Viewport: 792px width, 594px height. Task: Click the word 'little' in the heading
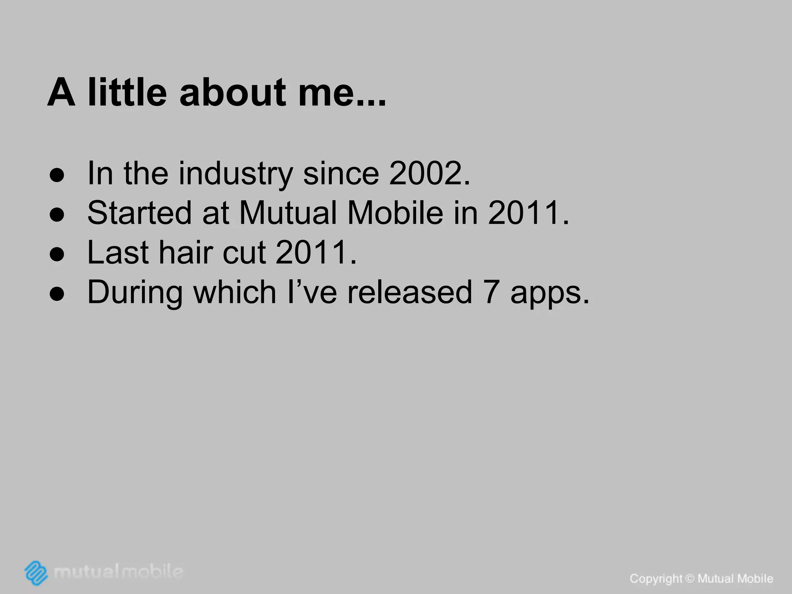[127, 92]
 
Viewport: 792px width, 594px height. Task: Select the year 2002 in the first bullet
[425, 173]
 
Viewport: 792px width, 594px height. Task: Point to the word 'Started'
[139, 213]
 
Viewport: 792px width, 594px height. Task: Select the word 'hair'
[186, 253]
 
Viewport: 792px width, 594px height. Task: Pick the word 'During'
[135, 293]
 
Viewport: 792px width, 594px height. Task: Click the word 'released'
[410, 292]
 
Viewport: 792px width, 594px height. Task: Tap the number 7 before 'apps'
[491, 292]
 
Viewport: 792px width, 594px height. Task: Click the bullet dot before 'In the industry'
[57, 175]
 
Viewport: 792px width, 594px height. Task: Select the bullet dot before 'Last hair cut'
[57, 254]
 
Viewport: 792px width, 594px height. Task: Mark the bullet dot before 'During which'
[57, 294]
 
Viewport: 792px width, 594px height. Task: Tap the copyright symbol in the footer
[690, 579]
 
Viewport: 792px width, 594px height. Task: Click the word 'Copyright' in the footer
[656, 579]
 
